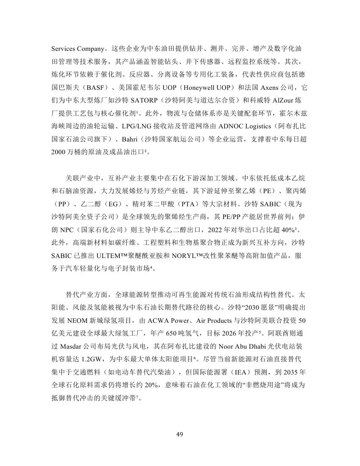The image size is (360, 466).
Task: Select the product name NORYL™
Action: point(194,256)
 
